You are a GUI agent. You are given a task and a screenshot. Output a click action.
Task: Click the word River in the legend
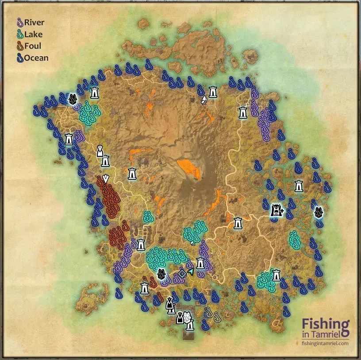tap(34, 22)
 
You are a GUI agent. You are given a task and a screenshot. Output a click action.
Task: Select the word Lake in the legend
tap(33, 34)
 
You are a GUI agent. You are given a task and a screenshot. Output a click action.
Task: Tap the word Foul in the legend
tap(33, 46)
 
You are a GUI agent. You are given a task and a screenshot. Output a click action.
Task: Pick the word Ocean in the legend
tap(36, 58)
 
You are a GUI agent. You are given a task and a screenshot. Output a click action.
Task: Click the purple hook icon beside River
tap(19, 22)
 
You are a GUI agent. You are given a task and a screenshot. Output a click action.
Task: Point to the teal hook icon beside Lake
tap(19, 34)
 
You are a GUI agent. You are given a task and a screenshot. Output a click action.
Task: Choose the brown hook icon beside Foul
tap(19, 46)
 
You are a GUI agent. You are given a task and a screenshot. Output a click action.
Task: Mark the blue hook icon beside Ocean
tap(19, 58)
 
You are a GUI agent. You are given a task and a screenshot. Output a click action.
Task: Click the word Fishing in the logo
tap(326, 325)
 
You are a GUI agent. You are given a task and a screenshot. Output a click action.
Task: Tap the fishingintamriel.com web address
tap(325, 343)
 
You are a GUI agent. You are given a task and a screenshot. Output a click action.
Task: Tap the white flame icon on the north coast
tap(204, 100)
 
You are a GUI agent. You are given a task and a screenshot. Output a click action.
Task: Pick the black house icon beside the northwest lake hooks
tap(72, 99)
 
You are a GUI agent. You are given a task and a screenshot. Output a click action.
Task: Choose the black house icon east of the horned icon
tap(318, 212)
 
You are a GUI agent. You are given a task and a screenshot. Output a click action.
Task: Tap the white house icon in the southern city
tap(188, 318)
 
